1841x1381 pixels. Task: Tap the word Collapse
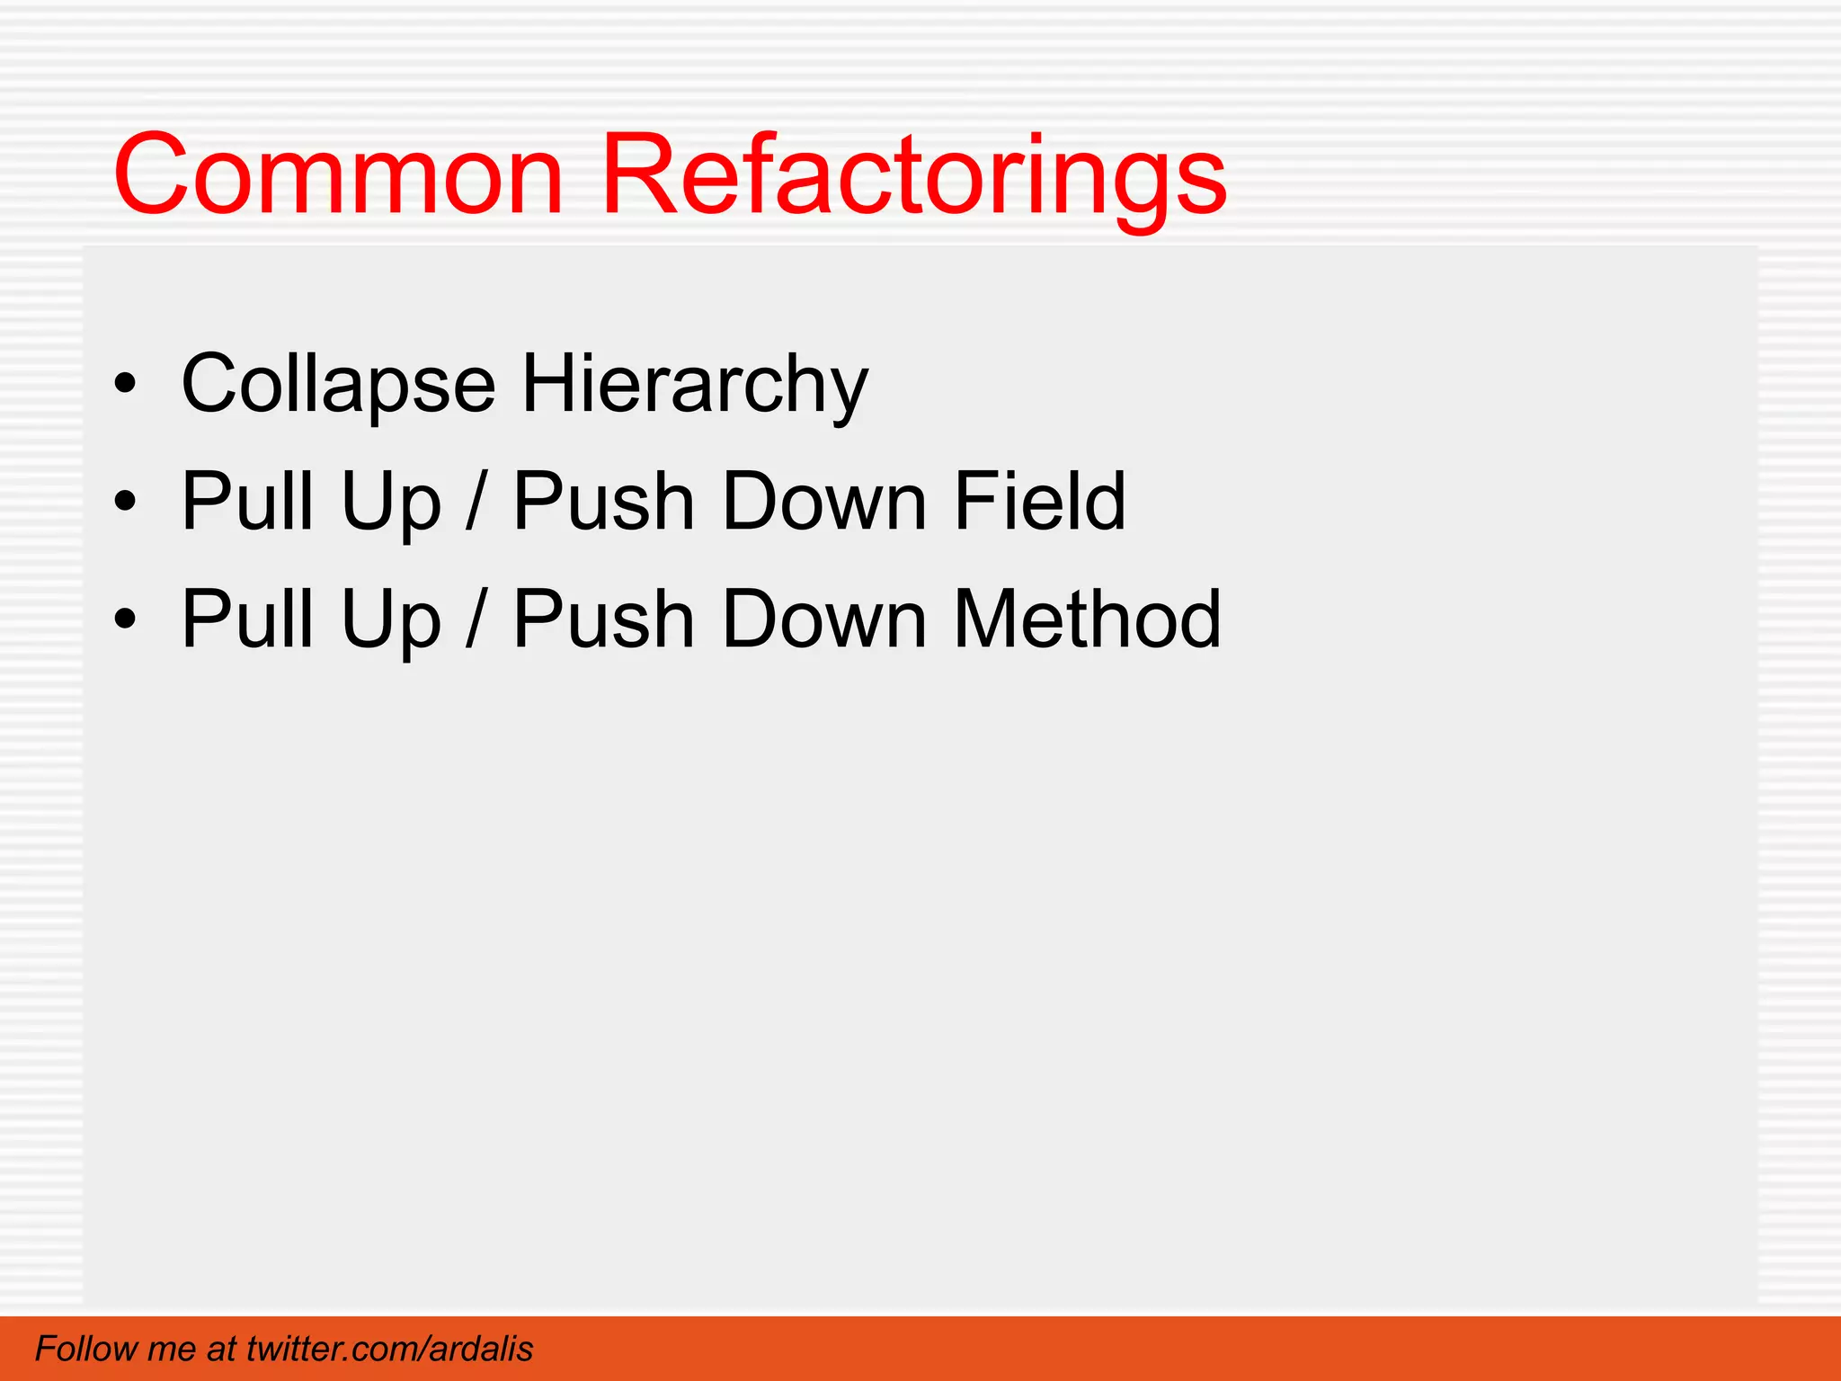(x=338, y=384)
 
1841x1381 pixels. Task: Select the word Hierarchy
(x=695, y=384)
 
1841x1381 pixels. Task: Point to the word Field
(x=1039, y=501)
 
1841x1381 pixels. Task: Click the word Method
(x=1087, y=619)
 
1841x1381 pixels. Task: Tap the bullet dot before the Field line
(x=126, y=502)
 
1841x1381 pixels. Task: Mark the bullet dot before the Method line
(x=126, y=619)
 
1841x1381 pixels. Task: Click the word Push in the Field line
(x=603, y=501)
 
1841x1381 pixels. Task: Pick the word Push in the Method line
(x=603, y=619)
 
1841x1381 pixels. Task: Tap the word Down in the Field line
(x=823, y=501)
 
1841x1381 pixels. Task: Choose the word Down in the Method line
(x=823, y=619)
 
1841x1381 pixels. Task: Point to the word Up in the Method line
(x=391, y=620)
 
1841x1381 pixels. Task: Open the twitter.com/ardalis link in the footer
(x=389, y=1349)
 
